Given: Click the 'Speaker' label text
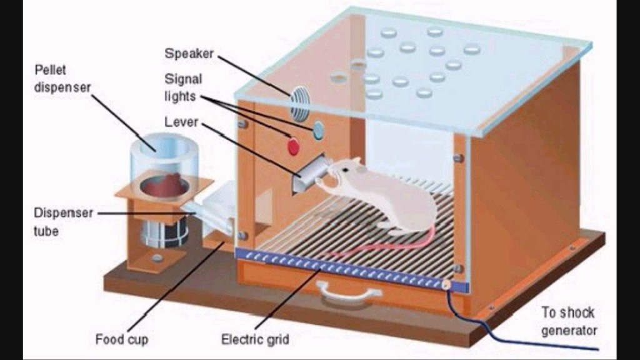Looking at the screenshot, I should coord(189,54).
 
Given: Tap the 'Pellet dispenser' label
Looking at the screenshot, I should coord(59,78).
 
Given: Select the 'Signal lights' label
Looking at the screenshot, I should coord(183,88).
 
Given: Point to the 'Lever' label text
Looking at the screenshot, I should coord(181,122).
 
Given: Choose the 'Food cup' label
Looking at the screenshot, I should coord(122,339).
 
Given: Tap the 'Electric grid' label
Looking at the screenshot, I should coord(255,339).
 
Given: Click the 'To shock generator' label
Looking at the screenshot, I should coord(568,321).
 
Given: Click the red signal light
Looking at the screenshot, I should coord(292,147).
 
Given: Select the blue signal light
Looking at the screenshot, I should coord(318,130).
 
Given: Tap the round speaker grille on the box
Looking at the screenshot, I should coord(300,103).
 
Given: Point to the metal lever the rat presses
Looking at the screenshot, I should coord(309,174).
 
